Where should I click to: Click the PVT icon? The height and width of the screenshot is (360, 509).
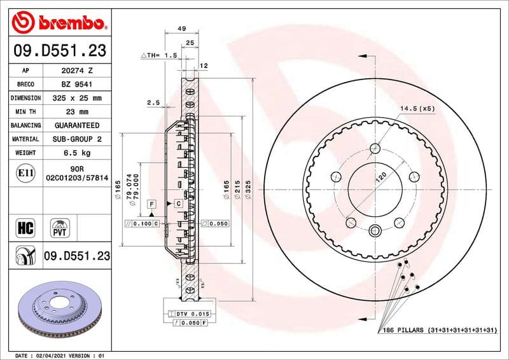tap(60, 227)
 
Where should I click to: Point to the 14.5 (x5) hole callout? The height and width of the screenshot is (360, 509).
tap(417, 108)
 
